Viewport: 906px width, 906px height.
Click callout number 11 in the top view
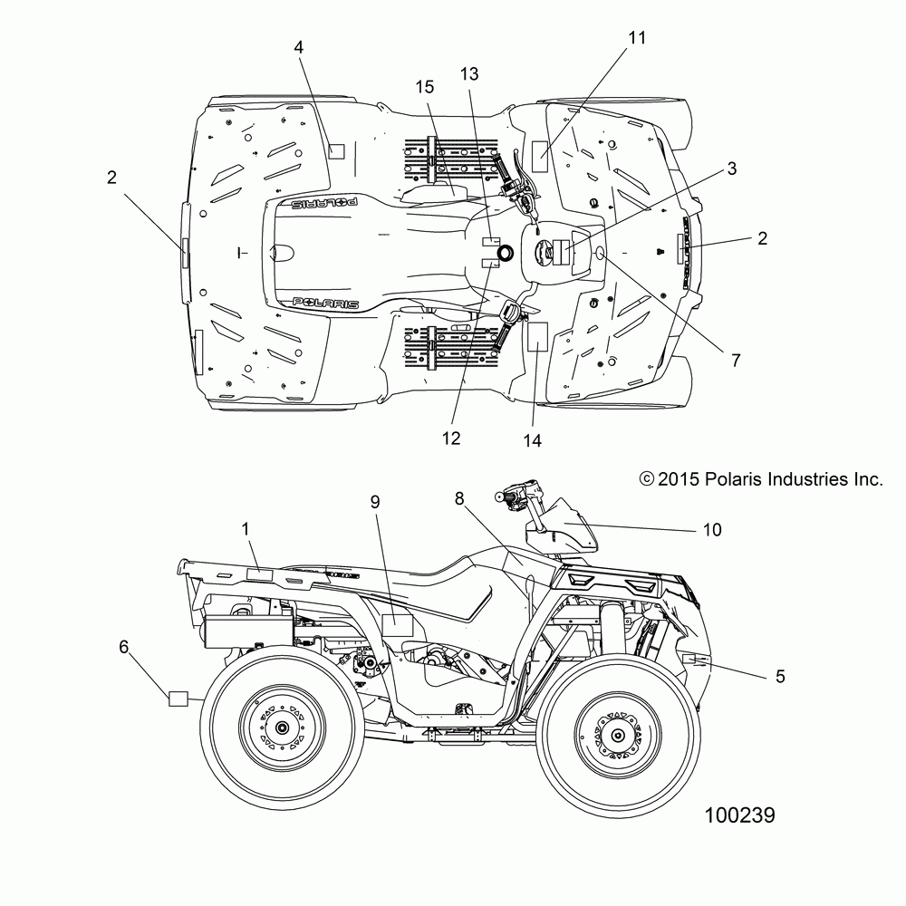(x=637, y=37)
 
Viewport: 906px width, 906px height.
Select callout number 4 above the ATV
(x=298, y=47)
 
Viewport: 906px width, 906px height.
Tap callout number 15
(x=425, y=87)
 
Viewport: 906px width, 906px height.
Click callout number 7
(x=760, y=360)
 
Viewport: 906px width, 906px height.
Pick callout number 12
(x=451, y=439)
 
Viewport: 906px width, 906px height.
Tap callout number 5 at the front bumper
(x=780, y=675)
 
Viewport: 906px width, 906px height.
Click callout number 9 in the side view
(x=375, y=500)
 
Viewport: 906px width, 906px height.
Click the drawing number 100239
(x=739, y=815)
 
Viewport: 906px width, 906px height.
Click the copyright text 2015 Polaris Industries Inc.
(x=761, y=479)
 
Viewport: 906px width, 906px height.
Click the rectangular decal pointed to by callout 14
(x=537, y=336)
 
